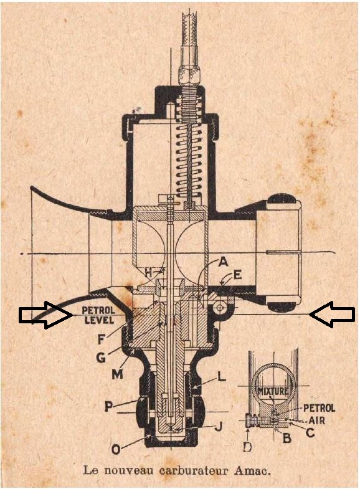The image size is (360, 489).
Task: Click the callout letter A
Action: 223,262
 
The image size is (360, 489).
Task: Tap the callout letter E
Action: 237,275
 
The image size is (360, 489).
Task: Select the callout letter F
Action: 100,339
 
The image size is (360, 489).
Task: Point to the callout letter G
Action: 101,358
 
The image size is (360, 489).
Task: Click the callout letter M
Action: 117,374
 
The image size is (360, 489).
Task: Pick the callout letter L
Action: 222,377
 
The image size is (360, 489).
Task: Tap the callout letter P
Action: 108,406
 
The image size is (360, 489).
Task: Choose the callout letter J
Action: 219,426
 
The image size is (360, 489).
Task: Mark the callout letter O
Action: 116,449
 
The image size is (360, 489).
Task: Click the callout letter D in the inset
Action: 247,447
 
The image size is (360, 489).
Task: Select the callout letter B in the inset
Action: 287,437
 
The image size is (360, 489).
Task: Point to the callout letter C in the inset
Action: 310,432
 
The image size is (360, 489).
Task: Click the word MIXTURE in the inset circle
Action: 273,391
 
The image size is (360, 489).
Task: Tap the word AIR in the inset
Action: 316,420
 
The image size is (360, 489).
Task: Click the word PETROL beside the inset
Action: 319,408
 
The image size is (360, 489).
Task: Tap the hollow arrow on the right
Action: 332,315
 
